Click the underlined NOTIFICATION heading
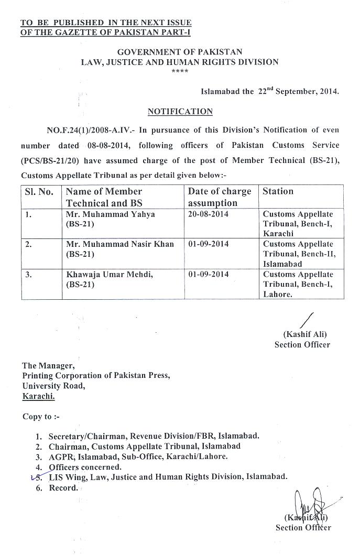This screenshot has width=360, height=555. pos(180,112)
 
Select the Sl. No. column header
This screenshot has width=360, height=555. pos(39,192)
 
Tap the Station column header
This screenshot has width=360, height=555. pos(278,191)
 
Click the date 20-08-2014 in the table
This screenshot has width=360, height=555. pos(208,214)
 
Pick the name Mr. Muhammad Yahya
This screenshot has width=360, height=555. pos(110,214)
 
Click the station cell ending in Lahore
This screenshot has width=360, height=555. pos(298,284)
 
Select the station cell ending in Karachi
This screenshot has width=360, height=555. pos(298,224)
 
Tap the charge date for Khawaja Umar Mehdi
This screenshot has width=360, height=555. pos(208,275)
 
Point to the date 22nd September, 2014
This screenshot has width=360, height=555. pos(298,91)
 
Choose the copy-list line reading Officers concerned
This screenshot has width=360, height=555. pos(85,467)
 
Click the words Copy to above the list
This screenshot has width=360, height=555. pos(37,417)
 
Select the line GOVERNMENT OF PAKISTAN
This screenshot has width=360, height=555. pos(180,52)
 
